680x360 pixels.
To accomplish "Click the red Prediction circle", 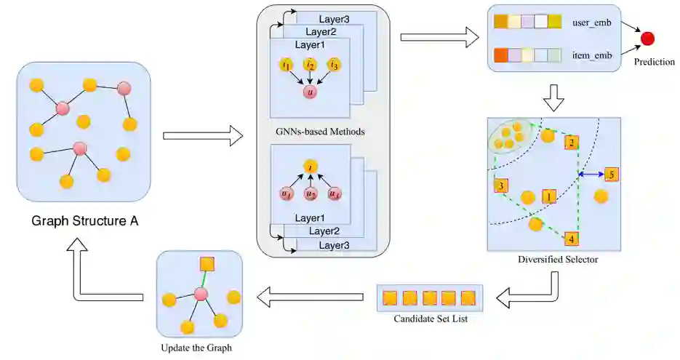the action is pos(647,39).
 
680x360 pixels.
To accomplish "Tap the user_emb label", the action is pos(591,23).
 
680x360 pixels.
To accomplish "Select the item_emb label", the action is pos(592,55).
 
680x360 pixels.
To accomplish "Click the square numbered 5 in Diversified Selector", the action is pos(612,175).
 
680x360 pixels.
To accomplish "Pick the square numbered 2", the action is pos(572,143).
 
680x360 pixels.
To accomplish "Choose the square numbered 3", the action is pos(501,186).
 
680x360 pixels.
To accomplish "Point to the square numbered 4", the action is pos(571,239).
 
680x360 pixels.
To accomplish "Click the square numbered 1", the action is pos(548,196).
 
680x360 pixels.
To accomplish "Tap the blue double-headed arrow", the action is pos(591,175).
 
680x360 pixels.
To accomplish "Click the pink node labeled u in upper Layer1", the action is pos(310,92).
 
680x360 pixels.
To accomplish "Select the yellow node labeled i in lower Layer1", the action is pos(311,167).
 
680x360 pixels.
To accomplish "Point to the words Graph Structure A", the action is pos(85,221).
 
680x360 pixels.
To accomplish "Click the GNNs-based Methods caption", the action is pos(320,132).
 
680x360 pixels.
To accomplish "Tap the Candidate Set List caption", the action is pos(431,319).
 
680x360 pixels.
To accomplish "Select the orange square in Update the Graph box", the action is pos(207,265).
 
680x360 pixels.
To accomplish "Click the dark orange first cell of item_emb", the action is pos(501,55).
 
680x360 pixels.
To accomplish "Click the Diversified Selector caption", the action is pos(558,260).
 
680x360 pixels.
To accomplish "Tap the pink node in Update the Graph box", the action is pos(200,295).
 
